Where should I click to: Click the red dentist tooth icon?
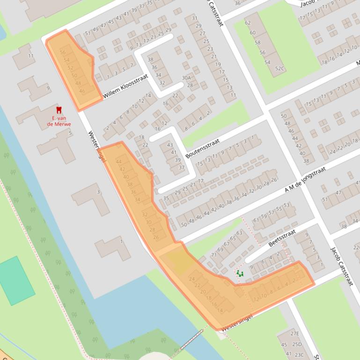pyautogui.click(x=59, y=110)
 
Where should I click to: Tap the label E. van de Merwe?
pyautogui.click(x=59, y=121)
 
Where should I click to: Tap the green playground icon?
pyautogui.click(x=240, y=274)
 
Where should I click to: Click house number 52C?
pyautogui.click(x=279, y=69)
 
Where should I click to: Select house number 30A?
pyautogui.click(x=186, y=78)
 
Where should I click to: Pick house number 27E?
pyautogui.click(x=294, y=333)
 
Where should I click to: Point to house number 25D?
pyautogui.click(x=297, y=345)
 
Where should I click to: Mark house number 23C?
pyautogui.click(x=299, y=355)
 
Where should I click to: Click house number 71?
pyautogui.click(x=214, y=255)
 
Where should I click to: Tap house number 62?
pyautogui.click(x=248, y=23)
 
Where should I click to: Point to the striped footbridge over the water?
pyautogui.click(x=189, y=342)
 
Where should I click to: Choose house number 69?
pyautogui.click(x=220, y=250)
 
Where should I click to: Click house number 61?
pyautogui.click(x=256, y=220)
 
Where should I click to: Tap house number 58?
pyautogui.click(x=257, y=43)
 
